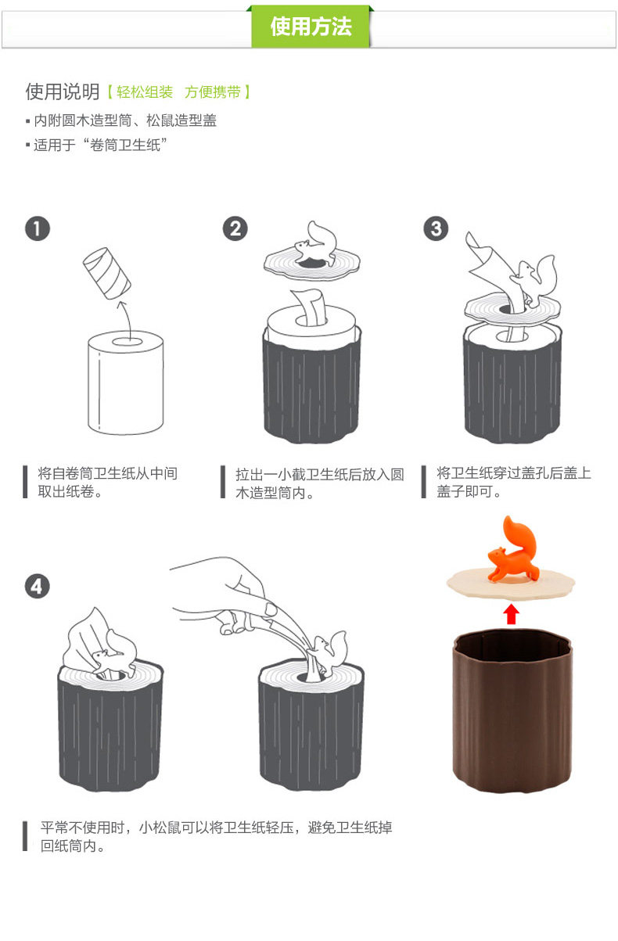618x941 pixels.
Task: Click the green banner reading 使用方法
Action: [x=311, y=27]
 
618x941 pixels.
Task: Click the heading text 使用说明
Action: [x=62, y=92]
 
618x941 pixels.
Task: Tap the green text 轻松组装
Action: [x=145, y=92]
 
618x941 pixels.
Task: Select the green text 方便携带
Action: [x=213, y=92]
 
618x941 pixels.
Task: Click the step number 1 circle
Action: [x=38, y=228]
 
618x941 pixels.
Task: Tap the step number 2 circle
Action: [x=235, y=228]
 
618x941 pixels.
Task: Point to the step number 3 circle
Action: [x=436, y=228]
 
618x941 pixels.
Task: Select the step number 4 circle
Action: [x=38, y=587]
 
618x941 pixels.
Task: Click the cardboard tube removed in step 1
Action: [x=106, y=273]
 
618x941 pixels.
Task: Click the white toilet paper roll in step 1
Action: [x=126, y=383]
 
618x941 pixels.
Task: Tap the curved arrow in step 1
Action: [x=126, y=319]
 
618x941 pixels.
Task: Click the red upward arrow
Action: [x=511, y=614]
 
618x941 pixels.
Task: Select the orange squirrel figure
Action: [x=513, y=551]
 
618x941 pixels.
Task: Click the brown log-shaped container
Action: [x=512, y=711]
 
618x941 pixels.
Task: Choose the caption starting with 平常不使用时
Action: [x=216, y=836]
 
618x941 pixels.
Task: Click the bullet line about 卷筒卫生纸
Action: [x=97, y=145]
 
